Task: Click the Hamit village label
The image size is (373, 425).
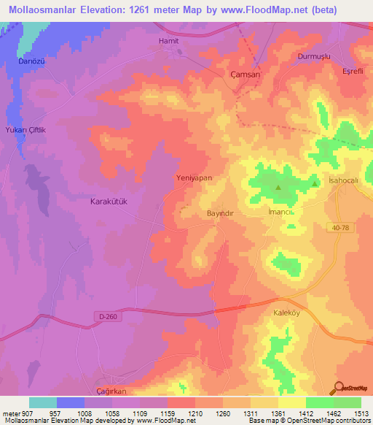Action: [168, 41]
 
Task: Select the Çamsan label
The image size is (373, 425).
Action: [245, 74]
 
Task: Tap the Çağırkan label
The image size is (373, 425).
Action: [114, 391]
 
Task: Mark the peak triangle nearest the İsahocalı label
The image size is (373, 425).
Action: [315, 183]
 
